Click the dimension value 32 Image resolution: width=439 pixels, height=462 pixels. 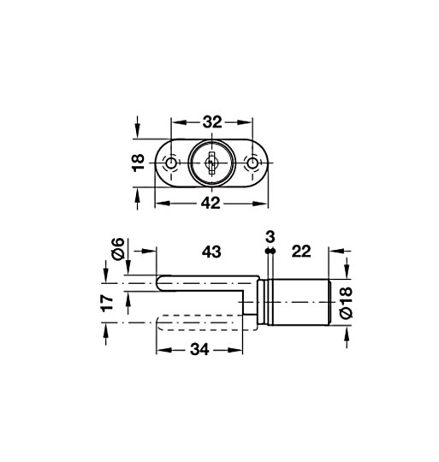pyautogui.click(x=212, y=122)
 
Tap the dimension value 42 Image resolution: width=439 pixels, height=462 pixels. pyautogui.click(x=211, y=204)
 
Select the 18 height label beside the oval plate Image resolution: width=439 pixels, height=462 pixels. pyautogui.click(x=138, y=163)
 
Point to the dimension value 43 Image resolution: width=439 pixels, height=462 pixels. pyautogui.click(x=211, y=252)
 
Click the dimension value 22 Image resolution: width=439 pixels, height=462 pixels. pyautogui.click(x=301, y=252)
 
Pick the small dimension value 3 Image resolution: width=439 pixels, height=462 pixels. pyautogui.click(x=270, y=237)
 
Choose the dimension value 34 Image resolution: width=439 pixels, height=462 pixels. pyautogui.click(x=199, y=350)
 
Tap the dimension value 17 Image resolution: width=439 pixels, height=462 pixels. pyautogui.click(x=107, y=303)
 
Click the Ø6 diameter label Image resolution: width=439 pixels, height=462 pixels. pyautogui.click(x=118, y=249)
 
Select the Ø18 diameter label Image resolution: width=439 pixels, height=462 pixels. pyautogui.click(x=346, y=302)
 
